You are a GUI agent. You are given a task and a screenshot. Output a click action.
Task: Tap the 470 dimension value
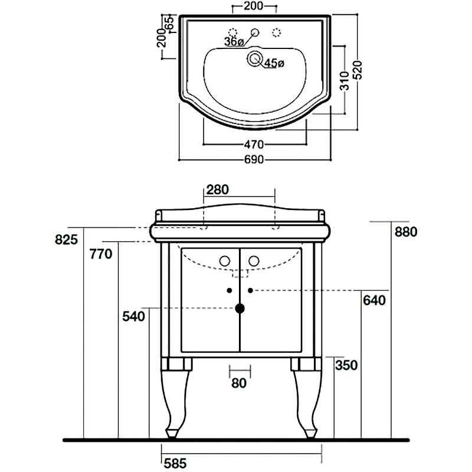pyautogui.click(x=254, y=145)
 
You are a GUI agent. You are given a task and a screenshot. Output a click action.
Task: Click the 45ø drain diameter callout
pyautogui.click(x=274, y=63)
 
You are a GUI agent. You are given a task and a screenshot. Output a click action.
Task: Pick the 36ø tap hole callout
pyautogui.click(x=234, y=41)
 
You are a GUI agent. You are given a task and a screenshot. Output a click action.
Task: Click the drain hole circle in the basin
pyautogui.click(x=255, y=58)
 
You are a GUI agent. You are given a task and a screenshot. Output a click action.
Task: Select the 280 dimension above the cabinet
pyautogui.click(x=218, y=189)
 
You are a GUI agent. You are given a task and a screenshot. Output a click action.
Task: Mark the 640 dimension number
pyautogui.click(x=374, y=301)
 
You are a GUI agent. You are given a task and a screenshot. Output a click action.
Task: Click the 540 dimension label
pyautogui.click(x=134, y=317)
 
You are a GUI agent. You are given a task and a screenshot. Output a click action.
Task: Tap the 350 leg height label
pyautogui.click(x=346, y=365)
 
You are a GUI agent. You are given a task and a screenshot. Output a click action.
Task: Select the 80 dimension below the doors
pyautogui.click(x=239, y=383)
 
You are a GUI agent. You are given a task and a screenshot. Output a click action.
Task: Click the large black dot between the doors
pyautogui.click(x=240, y=307)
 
